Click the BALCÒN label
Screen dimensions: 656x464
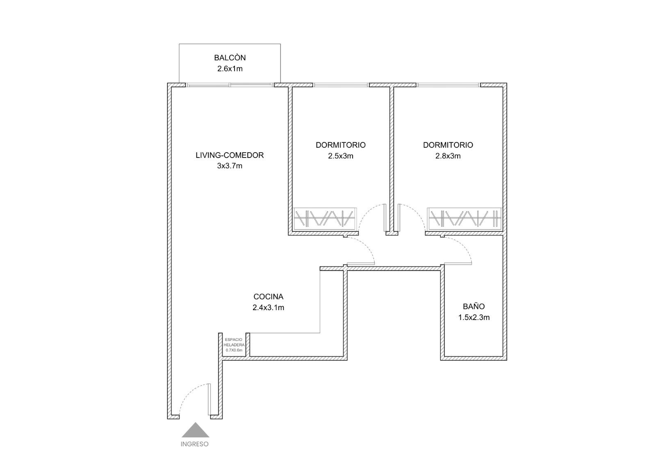tap(230, 57)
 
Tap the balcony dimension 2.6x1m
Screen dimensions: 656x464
tap(230, 69)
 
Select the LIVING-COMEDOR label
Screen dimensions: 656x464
tap(230, 155)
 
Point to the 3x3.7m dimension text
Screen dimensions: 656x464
tap(230, 166)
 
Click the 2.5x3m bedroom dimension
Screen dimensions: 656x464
tap(341, 156)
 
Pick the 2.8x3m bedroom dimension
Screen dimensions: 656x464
tap(448, 156)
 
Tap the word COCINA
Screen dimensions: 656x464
tap(268, 297)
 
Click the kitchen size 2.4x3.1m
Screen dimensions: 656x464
tap(268, 307)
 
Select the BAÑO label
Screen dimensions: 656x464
tap(474, 306)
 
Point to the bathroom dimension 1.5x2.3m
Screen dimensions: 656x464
tap(474, 317)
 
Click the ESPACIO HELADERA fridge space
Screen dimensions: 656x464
tap(234, 345)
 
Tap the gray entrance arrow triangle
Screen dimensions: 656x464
tap(195, 430)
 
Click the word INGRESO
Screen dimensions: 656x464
tap(194, 444)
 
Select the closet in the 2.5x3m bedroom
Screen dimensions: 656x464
tap(326, 219)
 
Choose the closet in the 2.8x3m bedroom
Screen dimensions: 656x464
tap(465, 219)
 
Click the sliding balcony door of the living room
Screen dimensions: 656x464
tap(230, 85)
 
